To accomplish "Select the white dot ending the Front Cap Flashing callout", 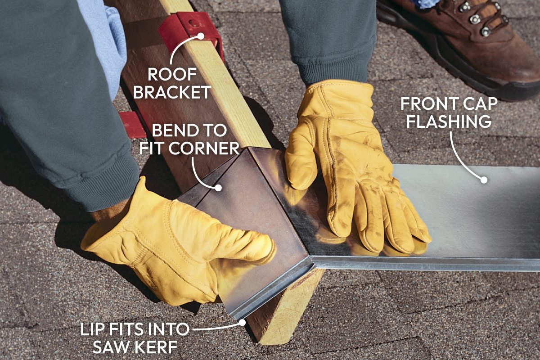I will click(484, 180).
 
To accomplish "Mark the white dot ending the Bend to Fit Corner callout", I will click(218, 187).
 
